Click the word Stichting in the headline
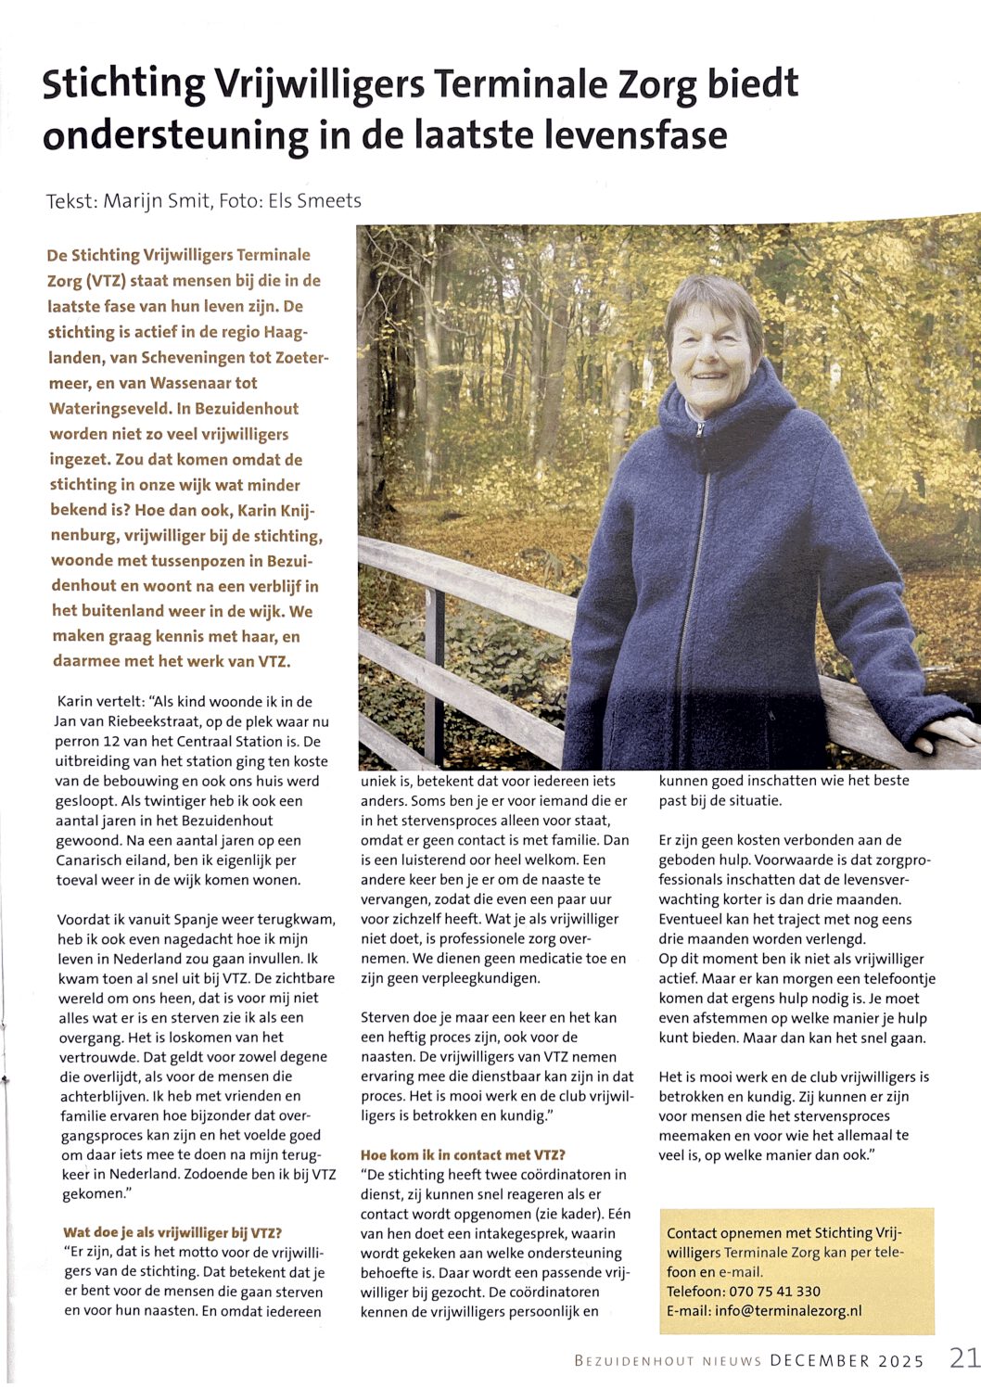[x=124, y=84]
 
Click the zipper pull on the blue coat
[x=702, y=430]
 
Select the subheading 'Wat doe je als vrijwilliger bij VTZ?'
[x=172, y=1232]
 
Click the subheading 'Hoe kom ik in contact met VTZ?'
[x=463, y=1154]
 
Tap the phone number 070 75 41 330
[x=767, y=1291]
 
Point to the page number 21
[x=963, y=1358]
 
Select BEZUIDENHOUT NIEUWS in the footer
[x=668, y=1361]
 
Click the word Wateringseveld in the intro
[x=110, y=408]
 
